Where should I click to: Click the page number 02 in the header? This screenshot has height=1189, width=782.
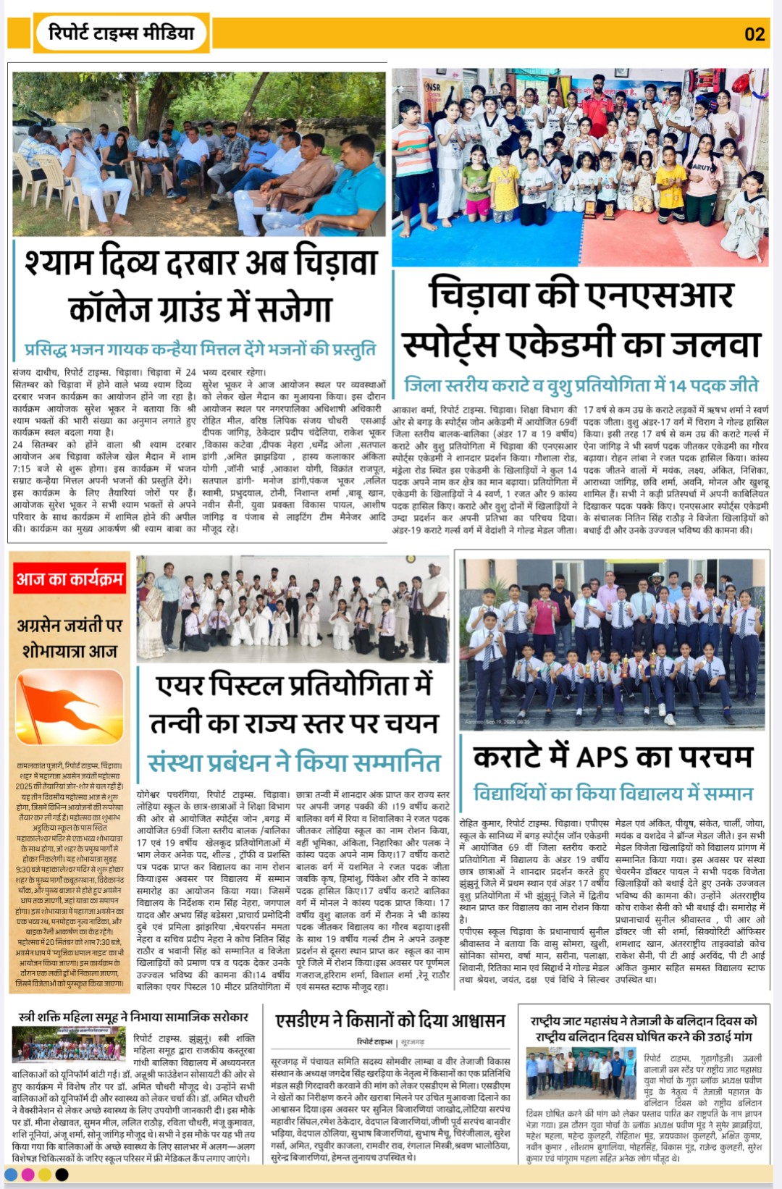click(754, 34)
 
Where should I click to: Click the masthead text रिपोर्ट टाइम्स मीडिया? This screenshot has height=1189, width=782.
click(121, 33)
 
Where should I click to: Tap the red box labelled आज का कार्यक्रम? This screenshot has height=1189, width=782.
click(70, 579)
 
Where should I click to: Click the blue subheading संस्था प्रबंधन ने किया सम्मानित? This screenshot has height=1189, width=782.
click(294, 762)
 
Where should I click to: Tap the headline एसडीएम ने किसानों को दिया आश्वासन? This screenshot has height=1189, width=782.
click(390, 1020)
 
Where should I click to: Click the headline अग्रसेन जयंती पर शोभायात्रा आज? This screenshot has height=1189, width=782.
click(70, 637)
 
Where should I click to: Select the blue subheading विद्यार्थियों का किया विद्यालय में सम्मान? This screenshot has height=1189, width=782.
click(613, 794)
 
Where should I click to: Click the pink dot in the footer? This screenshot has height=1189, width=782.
click(28, 1174)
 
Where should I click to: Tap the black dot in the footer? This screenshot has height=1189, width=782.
click(62, 1174)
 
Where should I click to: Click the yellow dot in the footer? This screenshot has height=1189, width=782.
click(45, 1174)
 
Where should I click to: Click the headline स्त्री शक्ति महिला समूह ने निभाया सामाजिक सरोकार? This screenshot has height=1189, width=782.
click(133, 1017)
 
